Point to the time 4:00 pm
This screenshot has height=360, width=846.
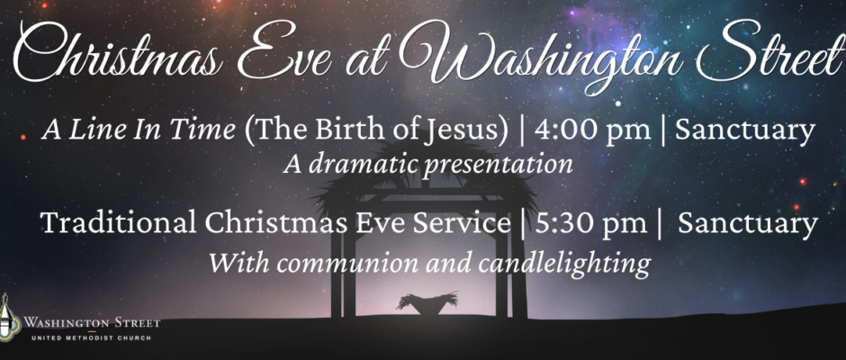(592, 131)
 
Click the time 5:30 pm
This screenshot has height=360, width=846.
(590, 222)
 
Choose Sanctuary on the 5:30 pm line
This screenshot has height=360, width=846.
(748, 224)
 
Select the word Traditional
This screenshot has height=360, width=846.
(118, 222)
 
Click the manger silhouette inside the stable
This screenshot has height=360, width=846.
(427, 303)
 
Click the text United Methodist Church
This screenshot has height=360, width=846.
(91, 337)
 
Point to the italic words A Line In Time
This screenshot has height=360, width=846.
(138, 131)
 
